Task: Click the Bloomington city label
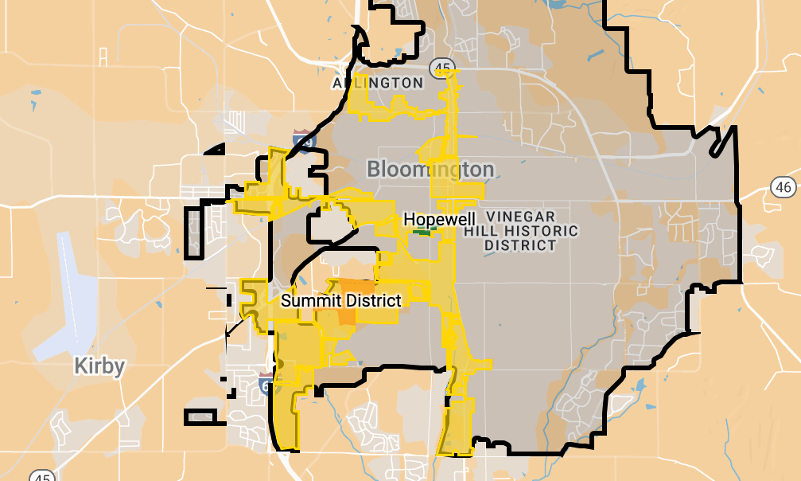tap(430, 169)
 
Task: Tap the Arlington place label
tap(378, 83)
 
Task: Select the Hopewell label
tap(439, 218)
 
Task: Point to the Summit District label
tap(341, 300)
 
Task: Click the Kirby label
tap(99, 366)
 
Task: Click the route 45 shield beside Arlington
tap(440, 68)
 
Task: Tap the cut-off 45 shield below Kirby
tap(42, 476)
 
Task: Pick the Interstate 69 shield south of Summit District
tap(266, 384)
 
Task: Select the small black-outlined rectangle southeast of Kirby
tap(200, 416)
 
